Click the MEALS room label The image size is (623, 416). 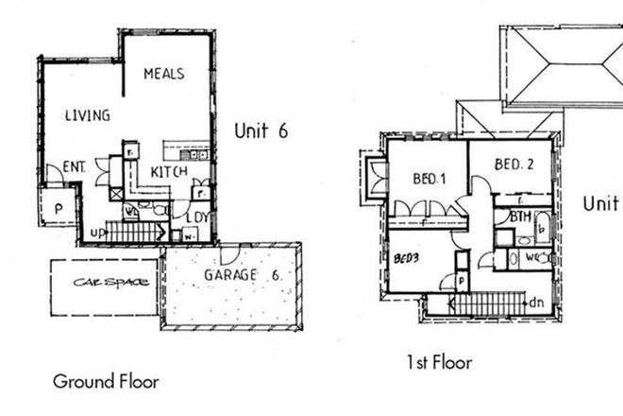[163, 73]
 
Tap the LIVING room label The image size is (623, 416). [88, 115]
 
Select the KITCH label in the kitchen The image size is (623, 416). [169, 171]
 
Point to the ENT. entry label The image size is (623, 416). [75, 167]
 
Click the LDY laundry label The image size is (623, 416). [197, 217]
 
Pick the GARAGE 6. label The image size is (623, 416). [242, 275]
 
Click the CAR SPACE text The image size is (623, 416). [104, 283]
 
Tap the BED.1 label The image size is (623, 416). [429, 179]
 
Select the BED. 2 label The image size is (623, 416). [515, 165]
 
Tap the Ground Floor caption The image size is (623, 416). [106, 382]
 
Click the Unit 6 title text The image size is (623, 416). [261, 131]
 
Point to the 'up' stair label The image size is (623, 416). [97, 231]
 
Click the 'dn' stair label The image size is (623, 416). [537, 303]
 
